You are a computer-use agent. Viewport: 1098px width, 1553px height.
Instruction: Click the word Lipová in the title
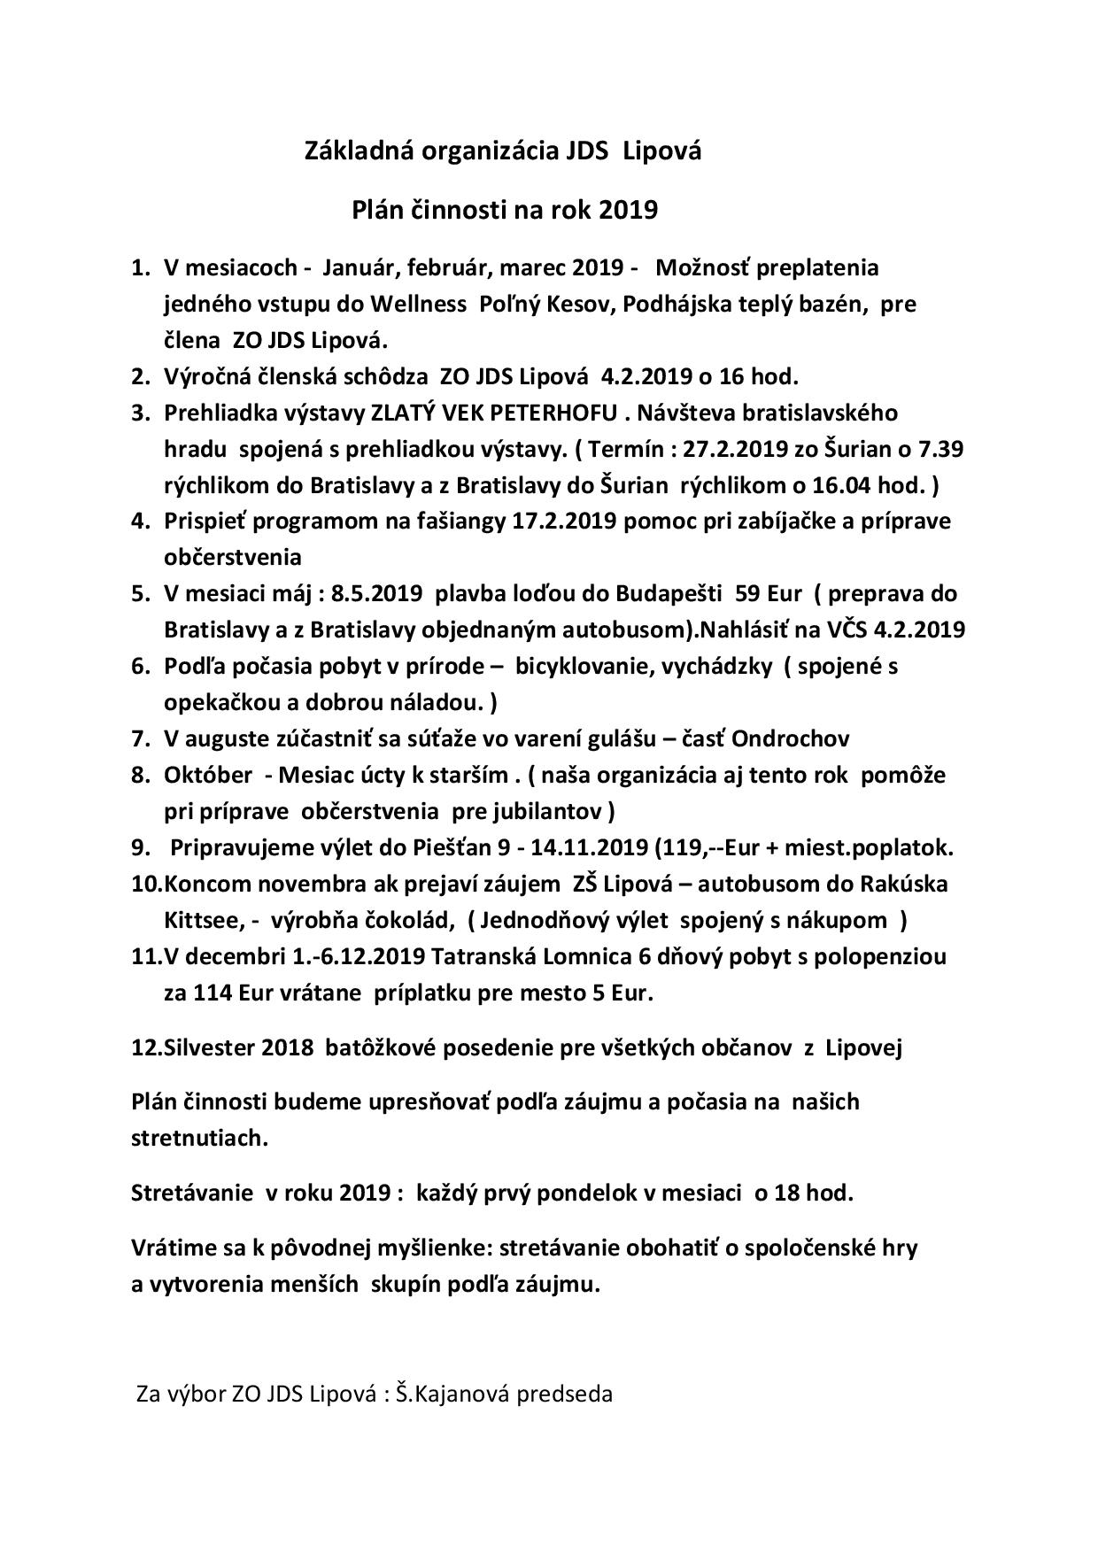click(663, 151)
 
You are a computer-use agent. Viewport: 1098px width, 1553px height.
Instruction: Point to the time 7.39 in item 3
click(943, 449)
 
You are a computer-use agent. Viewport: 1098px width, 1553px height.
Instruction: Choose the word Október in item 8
click(207, 775)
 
